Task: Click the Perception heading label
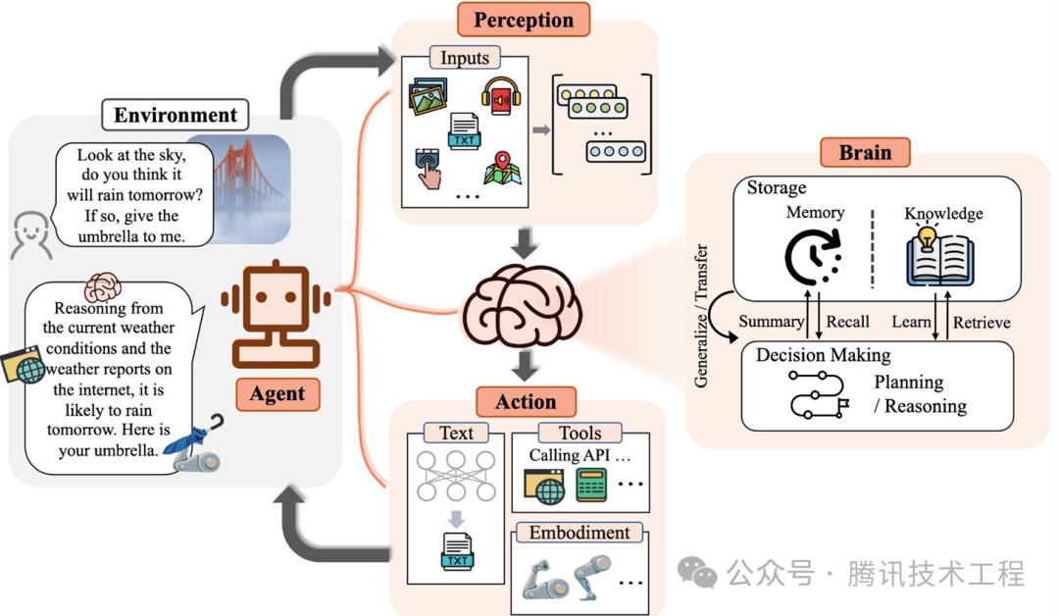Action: pos(524,20)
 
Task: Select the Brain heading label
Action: pos(865,152)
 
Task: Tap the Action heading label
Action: pos(527,402)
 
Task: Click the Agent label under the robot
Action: pos(277,393)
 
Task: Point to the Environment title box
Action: pos(176,115)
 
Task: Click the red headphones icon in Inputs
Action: pos(501,96)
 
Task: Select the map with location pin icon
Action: pos(502,168)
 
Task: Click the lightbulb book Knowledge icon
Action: pos(939,255)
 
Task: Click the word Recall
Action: pos(847,322)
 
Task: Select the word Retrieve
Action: pos(982,322)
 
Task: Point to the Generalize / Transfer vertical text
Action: pos(701,316)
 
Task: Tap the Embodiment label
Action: pos(580,533)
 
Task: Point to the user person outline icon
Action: pos(31,235)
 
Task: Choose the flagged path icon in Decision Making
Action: pos(819,394)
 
